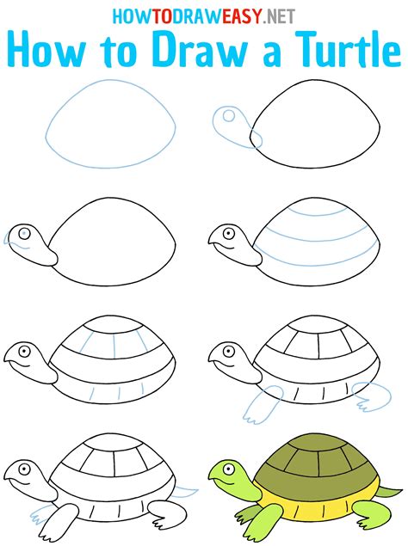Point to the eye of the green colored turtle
tap(229, 469)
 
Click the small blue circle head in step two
tap(227, 115)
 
